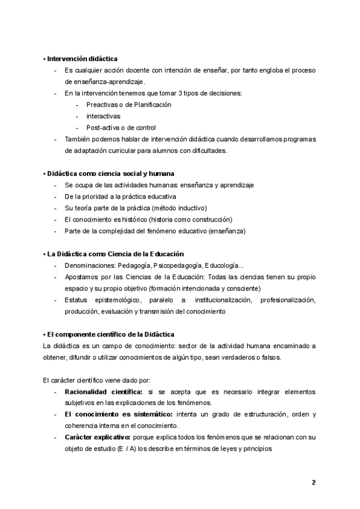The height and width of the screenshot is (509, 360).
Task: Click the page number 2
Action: point(313,482)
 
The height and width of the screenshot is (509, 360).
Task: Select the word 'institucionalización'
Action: point(223,300)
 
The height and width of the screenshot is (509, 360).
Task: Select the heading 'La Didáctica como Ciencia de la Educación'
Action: point(113,254)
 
